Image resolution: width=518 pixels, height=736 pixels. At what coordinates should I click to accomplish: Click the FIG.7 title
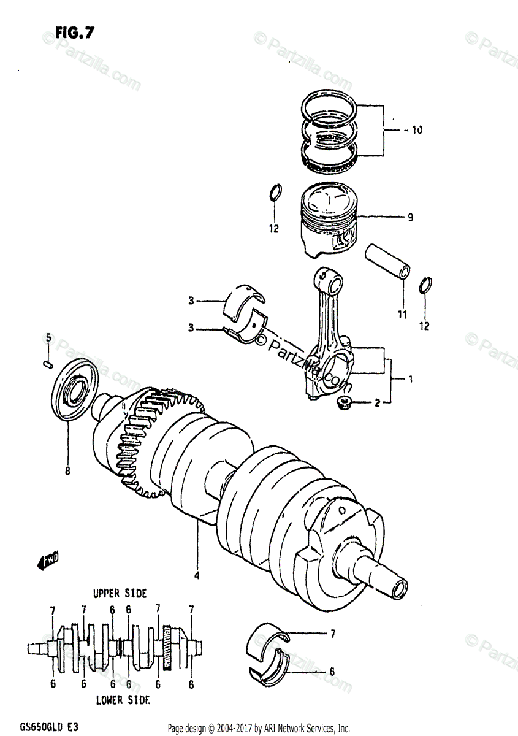click(74, 34)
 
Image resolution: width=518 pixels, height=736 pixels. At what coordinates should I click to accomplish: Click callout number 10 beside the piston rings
click(416, 131)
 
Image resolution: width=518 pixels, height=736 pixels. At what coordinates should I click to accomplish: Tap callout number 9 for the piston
click(410, 217)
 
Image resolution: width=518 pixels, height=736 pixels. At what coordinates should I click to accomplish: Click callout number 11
click(402, 315)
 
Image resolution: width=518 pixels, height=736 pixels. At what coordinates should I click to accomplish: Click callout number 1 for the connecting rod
click(410, 379)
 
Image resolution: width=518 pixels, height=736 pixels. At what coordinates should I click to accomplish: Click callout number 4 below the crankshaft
click(197, 575)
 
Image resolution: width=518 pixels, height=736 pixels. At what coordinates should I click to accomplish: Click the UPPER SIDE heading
click(120, 593)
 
